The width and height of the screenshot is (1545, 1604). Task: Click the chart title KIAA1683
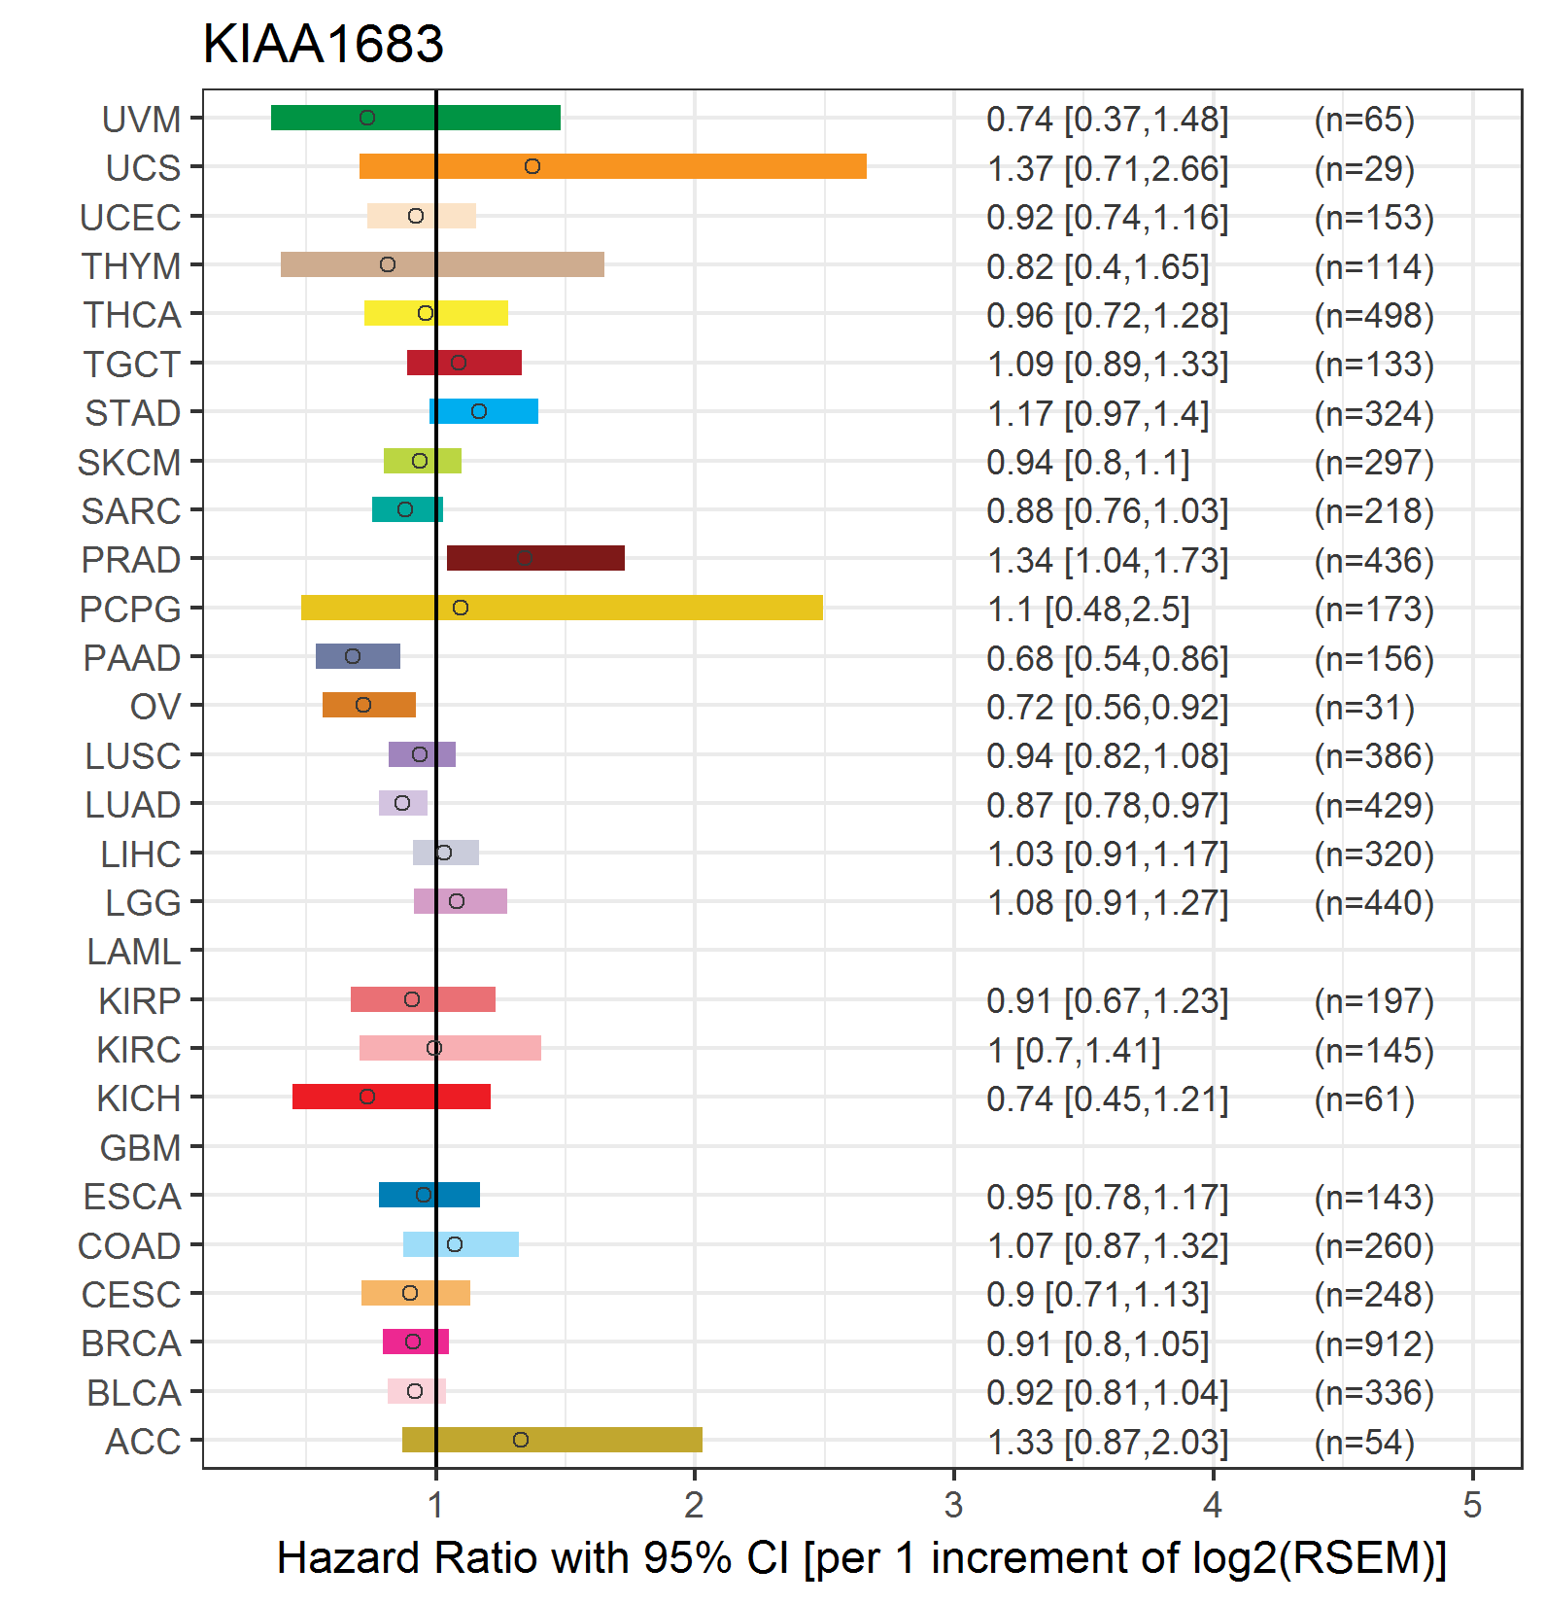coord(323,44)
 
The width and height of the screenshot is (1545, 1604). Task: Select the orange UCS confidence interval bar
coord(613,166)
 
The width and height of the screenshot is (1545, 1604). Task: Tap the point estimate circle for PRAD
coord(524,558)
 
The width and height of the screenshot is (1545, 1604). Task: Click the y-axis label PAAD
coord(132,658)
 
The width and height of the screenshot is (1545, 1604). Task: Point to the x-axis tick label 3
coord(953,1505)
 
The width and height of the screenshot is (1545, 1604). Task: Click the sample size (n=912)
coord(1374,1343)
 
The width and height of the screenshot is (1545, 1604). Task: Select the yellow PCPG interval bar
coord(562,608)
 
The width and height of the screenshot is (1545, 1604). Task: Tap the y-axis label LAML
coord(134,952)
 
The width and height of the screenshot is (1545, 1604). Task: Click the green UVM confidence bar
coord(416,118)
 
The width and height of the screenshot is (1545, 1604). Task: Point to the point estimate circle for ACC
coord(521,1440)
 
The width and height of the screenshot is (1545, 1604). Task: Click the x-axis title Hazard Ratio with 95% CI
coord(532,1557)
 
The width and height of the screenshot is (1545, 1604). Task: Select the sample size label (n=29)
coord(1364,168)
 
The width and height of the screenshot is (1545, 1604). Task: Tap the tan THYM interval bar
coord(442,264)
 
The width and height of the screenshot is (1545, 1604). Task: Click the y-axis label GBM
coord(141,1148)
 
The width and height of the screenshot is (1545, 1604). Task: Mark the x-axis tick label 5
coord(1472,1505)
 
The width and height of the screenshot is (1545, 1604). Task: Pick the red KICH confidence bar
coord(392,1097)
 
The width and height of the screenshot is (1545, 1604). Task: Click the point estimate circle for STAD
coord(479,411)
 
